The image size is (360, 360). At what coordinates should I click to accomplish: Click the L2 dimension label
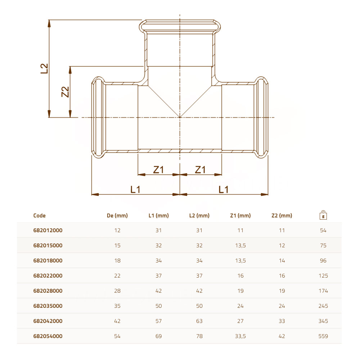tap(44, 68)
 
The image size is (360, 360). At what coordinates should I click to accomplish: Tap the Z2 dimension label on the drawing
tap(65, 92)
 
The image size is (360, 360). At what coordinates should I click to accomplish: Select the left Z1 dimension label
tap(158, 170)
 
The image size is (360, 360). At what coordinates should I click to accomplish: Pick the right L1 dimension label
tap(224, 190)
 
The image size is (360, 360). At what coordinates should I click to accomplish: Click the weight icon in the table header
tap(323, 215)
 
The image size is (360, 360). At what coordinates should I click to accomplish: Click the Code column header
tap(39, 216)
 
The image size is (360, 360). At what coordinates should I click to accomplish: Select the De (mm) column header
tap(117, 216)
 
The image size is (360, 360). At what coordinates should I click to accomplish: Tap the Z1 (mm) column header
tap(240, 216)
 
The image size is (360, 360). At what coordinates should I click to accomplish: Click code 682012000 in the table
tap(48, 230)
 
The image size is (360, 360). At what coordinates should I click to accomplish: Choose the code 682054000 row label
tap(48, 336)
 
